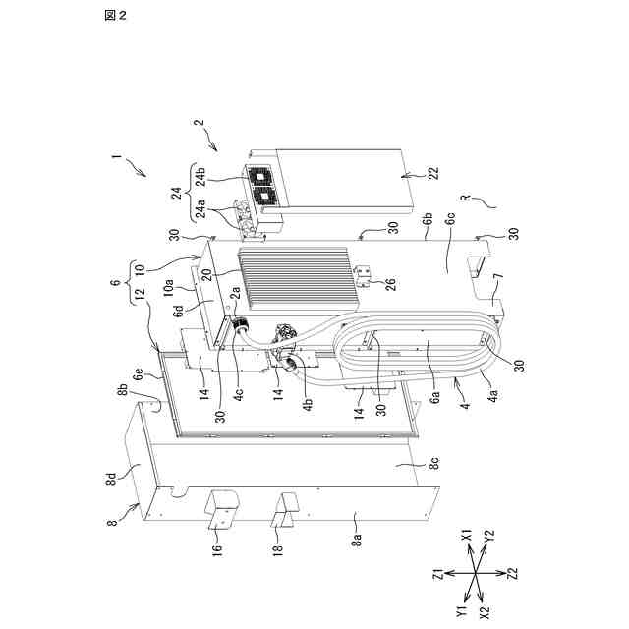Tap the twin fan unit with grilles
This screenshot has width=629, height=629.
pyautogui.click(x=261, y=189)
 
